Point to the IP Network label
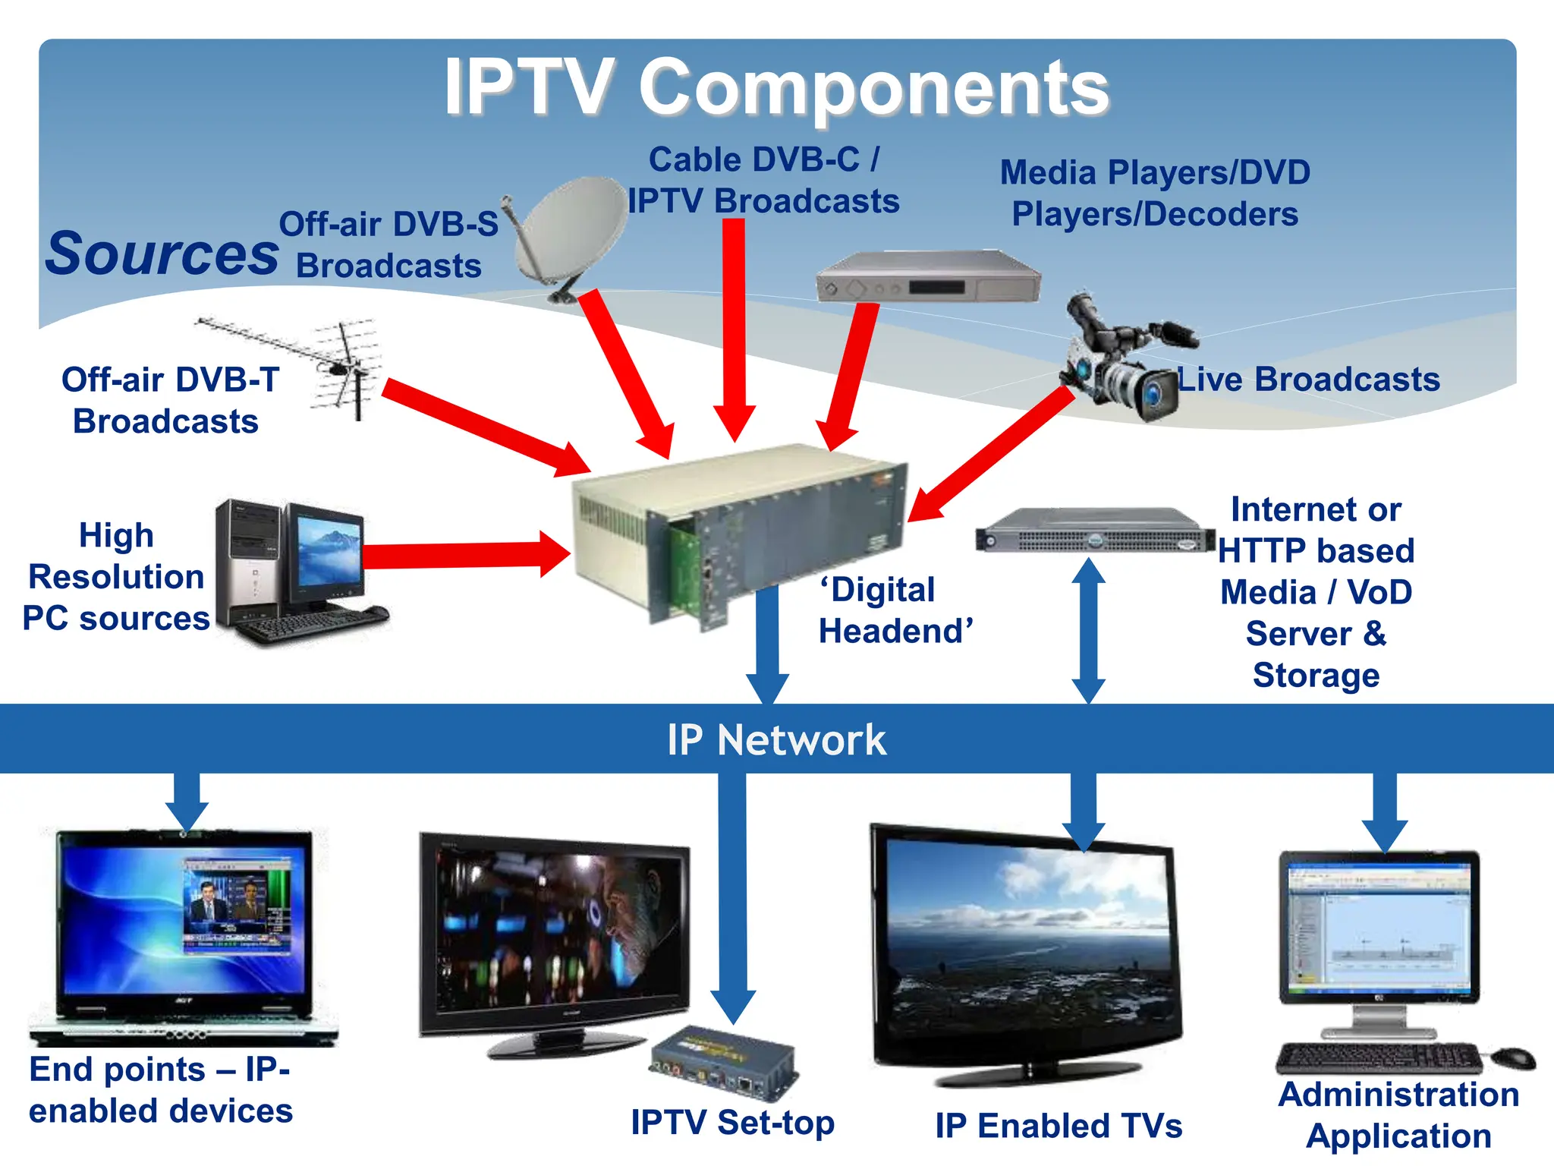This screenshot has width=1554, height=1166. [x=776, y=739]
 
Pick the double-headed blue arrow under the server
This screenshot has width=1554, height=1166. [x=1088, y=630]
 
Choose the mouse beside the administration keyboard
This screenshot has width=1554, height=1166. [x=1514, y=1057]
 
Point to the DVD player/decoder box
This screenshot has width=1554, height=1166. [x=927, y=277]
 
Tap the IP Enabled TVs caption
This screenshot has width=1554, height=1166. [x=1059, y=1125]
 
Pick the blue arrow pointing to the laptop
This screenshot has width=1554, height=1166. [x=187, y=801]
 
